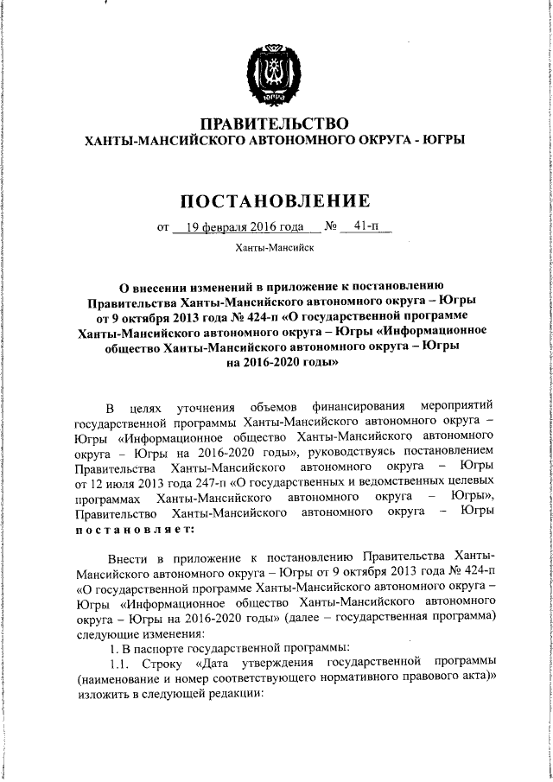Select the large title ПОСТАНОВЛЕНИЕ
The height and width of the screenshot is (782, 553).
[275, 201]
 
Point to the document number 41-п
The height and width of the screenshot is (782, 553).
[365, 228]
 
